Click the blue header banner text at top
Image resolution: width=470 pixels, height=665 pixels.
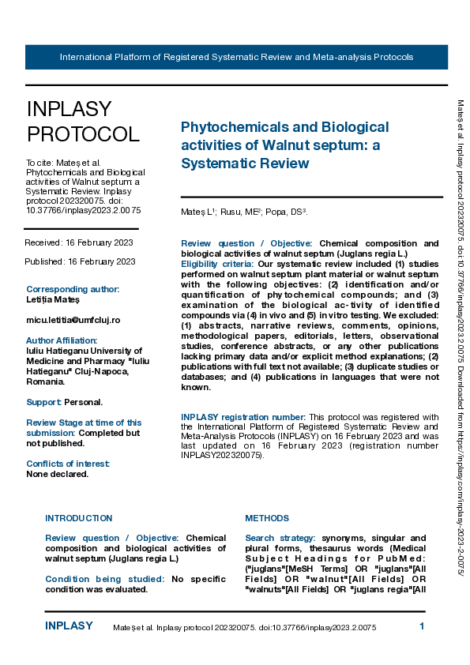click(236, 58)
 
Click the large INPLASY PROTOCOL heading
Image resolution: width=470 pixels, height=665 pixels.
click(82, 121)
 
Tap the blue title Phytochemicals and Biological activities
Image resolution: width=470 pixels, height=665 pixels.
click(284, 145)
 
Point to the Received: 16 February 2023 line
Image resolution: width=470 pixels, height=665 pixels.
click(79, 242)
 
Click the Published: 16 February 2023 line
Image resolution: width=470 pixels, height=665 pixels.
click(81, 261)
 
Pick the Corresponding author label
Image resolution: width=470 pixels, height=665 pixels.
click(73, 289)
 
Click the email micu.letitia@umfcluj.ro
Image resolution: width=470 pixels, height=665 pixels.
click(73, 320)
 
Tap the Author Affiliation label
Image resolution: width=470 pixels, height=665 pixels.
click(63, 340)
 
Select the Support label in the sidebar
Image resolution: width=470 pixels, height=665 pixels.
click(43, 402)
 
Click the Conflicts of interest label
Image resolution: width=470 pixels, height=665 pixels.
click(68, 464)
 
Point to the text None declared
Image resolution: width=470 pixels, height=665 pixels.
click(57, 474)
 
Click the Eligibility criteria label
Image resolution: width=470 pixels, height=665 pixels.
click(216, 263)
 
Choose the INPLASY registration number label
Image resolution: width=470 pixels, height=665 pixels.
click(243, 416)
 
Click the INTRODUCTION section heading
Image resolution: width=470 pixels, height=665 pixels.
click(78, 518)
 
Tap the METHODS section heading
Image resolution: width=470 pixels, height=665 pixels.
click(267, 518)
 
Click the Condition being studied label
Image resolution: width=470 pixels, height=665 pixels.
click(105, 579)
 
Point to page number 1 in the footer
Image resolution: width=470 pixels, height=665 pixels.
click(422, 626)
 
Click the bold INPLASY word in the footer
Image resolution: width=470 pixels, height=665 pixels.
click(69, 626)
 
